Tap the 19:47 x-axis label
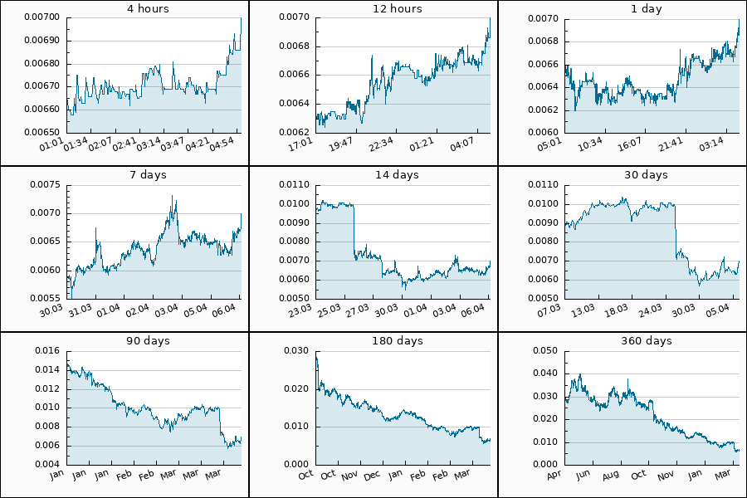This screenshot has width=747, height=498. [341, 145]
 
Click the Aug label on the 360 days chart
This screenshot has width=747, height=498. [610, 476]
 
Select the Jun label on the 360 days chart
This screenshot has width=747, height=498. [583, 476]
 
